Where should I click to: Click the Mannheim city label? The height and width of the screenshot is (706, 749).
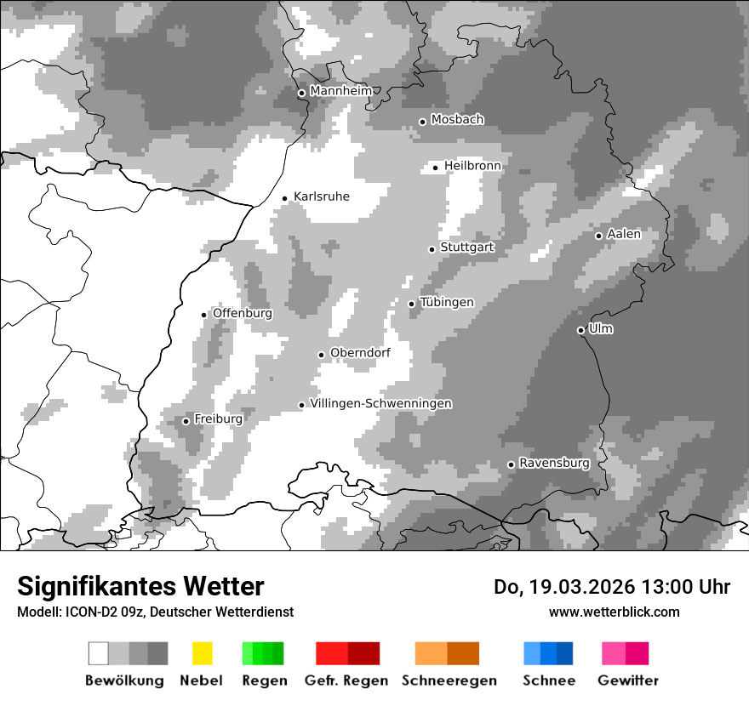(x=340, y=91)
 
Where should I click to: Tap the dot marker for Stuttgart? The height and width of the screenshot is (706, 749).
(x=432, y=249)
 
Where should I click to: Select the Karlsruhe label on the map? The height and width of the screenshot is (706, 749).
(x=322, y=196)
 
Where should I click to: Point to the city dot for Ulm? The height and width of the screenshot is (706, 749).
(x=581, y=330)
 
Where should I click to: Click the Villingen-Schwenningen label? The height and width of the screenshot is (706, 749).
(x=380, y=403)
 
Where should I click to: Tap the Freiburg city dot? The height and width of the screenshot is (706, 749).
(x=186, y=421)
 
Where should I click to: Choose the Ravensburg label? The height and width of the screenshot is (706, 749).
(x=554, y=464)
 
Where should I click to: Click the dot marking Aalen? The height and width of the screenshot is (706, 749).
(x=598, y=236)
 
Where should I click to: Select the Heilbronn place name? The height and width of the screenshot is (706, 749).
(x=472, y=166)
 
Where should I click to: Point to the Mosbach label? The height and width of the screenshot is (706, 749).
(x=457, y=120)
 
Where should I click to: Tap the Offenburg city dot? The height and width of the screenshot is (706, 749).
(x=204, y=315)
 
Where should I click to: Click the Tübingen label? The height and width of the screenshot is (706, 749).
(x=447, y=303)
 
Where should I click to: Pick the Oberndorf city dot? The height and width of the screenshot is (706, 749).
(x=321, y=355)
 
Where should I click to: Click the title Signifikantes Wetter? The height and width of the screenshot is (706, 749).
(x=140, y=587)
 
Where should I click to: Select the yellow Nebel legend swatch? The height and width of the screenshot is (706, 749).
(x=202, y=653)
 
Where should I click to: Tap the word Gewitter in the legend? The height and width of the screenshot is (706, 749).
(x=628, y=680)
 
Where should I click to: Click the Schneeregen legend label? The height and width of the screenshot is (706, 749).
(x=449, y=680)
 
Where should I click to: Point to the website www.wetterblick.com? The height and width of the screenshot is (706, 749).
(x=614, y=612)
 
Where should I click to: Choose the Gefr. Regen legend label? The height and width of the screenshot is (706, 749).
(x=346, y=680)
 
